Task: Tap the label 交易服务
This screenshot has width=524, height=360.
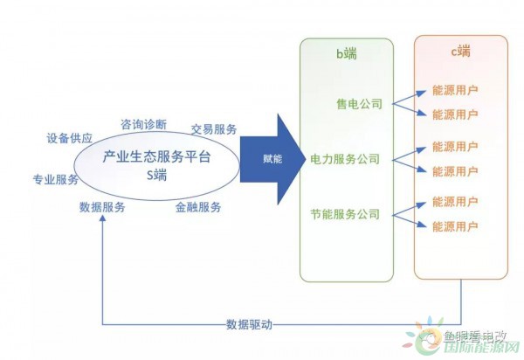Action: click(214, 128)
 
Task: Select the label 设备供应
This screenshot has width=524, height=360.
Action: click(70, 138)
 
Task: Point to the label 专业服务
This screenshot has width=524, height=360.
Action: click(56, 179)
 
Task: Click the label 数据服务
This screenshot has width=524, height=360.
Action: click(102, 207)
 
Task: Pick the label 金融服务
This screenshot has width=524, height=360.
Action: click(198, 207)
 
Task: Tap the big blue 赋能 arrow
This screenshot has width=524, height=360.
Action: click(271, 159)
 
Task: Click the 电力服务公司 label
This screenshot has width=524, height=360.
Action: click(346, 159)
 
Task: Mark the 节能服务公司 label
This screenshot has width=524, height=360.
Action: click(346, 213)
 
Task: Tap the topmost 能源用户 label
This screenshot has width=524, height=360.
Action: click(455, 90)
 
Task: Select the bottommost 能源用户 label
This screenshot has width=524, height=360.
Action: click(455, 227)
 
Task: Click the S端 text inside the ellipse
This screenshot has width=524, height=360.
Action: click(156, 175)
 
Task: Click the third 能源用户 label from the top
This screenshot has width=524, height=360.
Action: click(455, 146)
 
